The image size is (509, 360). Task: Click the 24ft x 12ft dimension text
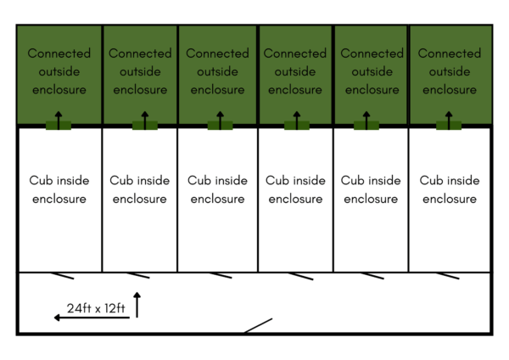click(x=94, y=309)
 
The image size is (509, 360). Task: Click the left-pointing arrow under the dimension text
click(x=92, y=318)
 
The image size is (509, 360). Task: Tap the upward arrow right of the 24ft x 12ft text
click(x=137, y=304)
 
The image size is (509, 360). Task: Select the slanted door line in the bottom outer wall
click(x=258, y=325)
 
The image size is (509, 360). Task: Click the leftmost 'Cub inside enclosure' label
click(x=59, y=189)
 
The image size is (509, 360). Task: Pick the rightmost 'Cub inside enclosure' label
click(x=450, y=189)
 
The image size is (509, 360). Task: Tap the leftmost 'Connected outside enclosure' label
click(x=59, y=71)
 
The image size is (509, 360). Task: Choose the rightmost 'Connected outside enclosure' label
click(x=450, y=71)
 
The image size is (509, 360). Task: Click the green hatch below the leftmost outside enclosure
click(x=59, y=126)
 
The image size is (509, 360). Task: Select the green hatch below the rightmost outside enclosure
click(x=449, y=126)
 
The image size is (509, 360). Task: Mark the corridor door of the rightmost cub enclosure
click(x=447, y=275)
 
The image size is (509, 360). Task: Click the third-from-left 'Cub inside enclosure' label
click(x=217, y=189)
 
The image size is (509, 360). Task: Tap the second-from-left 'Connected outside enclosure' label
click(x=140, y=71)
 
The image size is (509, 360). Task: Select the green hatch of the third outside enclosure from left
click(x=221, y=126)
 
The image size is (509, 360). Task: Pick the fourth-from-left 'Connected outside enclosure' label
click(x=295, y=71)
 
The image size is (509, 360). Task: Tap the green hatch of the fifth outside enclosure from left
click(x=366, y=126)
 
